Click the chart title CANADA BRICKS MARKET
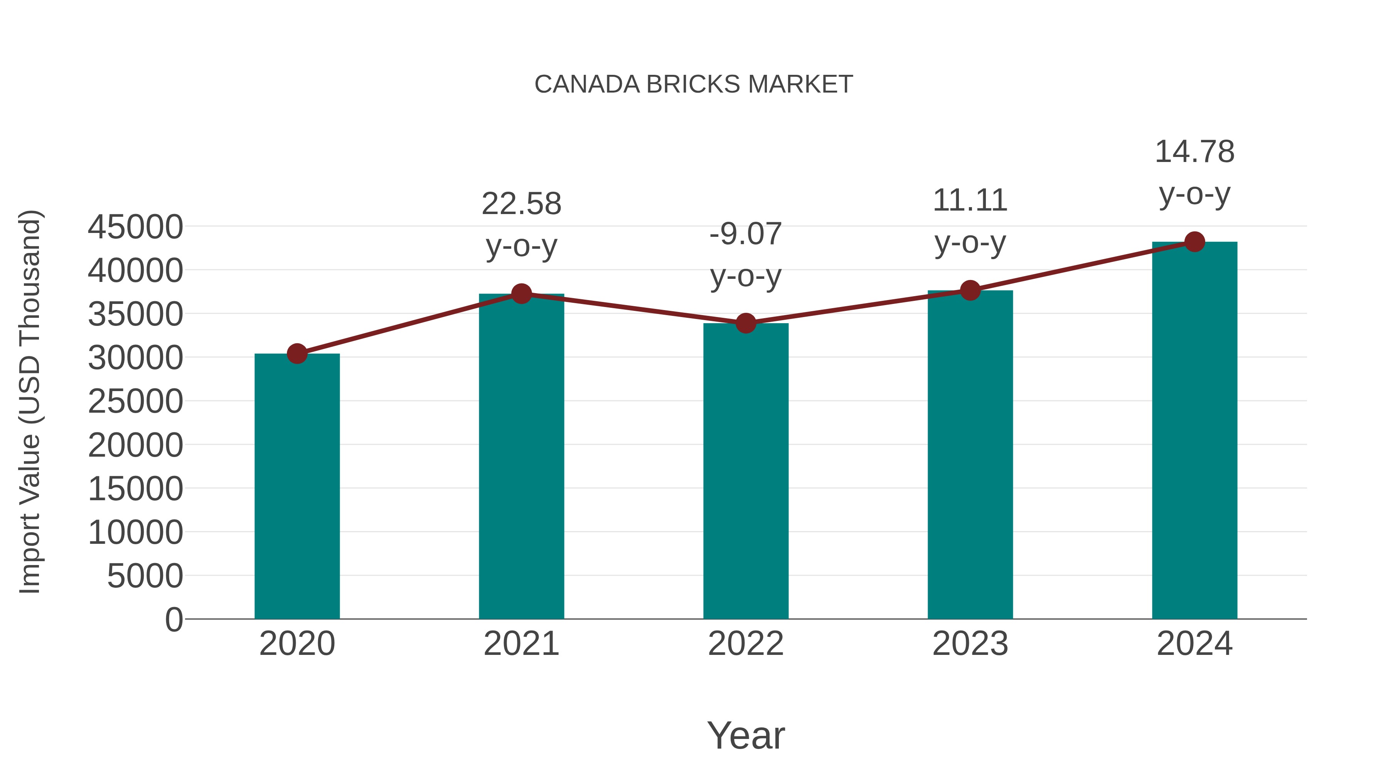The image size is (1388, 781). coord(694,84)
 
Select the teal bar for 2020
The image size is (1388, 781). coord(297,486)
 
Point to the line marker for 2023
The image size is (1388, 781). coord(970,290)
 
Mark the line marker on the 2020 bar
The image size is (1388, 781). coord(297,354)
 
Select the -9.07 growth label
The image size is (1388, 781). coord(746,234)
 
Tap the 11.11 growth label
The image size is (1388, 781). coord(970,201)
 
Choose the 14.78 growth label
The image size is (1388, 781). coord(1194,152)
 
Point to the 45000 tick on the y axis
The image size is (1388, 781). coord(135,227)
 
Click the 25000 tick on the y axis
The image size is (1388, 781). coord(135,401)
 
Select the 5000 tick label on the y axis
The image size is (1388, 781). coord(145,576)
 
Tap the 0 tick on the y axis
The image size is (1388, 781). coord(174,620)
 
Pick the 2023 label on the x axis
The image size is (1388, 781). coord(970,644)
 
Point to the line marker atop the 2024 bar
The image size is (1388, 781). coord(1194,242)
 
